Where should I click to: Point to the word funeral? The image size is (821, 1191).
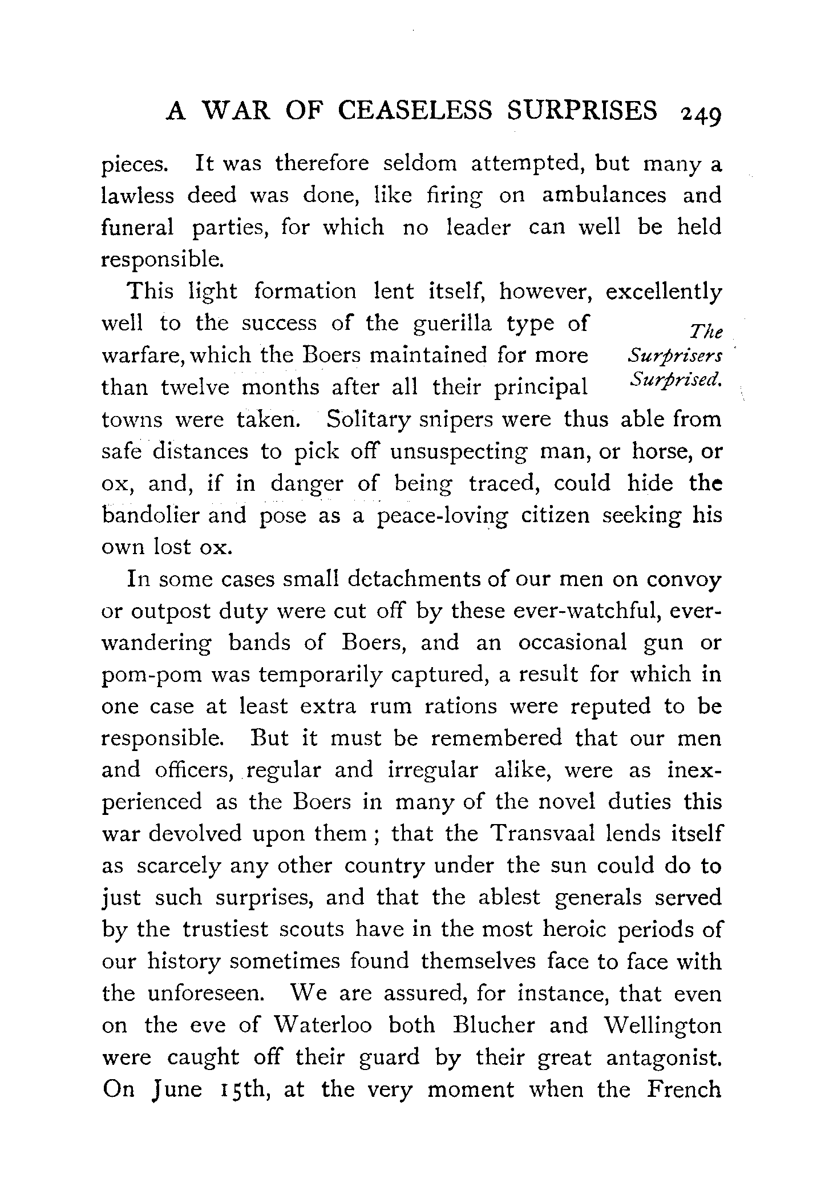(137, 227)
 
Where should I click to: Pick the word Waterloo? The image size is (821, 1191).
(322, 1026)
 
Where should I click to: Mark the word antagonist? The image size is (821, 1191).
(664, 1057)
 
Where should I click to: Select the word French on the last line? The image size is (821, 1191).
(685, 1089)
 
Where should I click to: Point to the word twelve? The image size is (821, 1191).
(195, 387)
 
